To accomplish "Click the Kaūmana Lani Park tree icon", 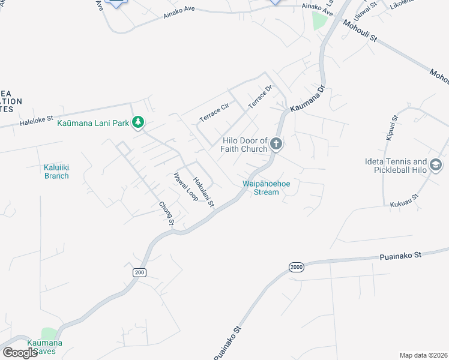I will coord(139,122).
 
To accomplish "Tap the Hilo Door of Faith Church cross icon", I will coord(276,143).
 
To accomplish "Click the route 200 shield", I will coord(139,272).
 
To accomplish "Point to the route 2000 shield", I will coord(296,267).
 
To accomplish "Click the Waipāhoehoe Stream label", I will coord(261,188).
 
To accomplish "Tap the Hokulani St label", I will coord(203,191).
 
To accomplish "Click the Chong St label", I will coord(166,214).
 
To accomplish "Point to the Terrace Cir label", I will coord(214,112).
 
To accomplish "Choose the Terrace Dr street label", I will coord(261,95).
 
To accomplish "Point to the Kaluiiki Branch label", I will coord(56,172).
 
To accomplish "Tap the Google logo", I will coord(20,353).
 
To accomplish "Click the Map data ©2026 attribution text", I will coord(423,355).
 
